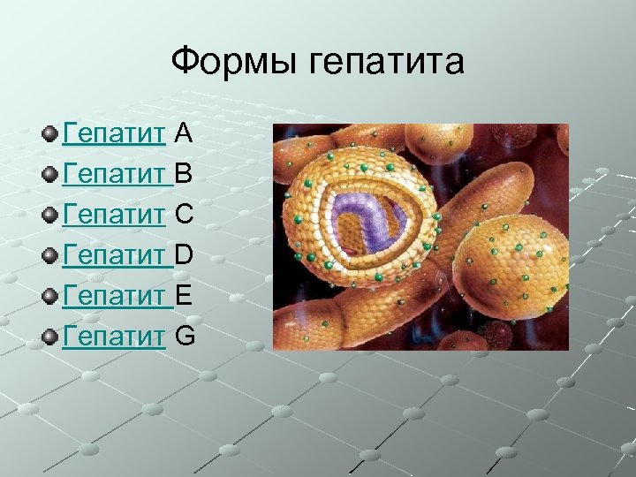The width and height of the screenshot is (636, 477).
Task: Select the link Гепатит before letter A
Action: (x=114, y=133)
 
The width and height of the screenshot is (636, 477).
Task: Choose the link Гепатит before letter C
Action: (x=114, y=215)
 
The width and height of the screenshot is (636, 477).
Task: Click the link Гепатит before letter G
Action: (x=114, y=337)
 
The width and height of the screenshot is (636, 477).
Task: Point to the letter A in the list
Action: (x=184, y=133)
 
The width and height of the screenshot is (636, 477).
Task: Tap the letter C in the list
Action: (x=185, y=215)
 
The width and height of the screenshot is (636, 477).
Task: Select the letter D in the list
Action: (x=185, y=255)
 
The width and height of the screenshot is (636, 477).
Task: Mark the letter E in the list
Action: (x=184, y=296)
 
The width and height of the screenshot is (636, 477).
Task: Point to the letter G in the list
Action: (x=185, y=337)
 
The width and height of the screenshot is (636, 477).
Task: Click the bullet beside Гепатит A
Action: (x=50, y=134)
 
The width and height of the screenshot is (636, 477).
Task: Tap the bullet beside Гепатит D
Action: (x=50, y=256)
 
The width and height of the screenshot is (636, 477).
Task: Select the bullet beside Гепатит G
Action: (x=50, y=337)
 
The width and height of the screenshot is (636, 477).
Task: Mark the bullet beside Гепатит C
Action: (x=50, y=216)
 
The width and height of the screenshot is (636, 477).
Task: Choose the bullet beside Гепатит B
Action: (x=50, y=175)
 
